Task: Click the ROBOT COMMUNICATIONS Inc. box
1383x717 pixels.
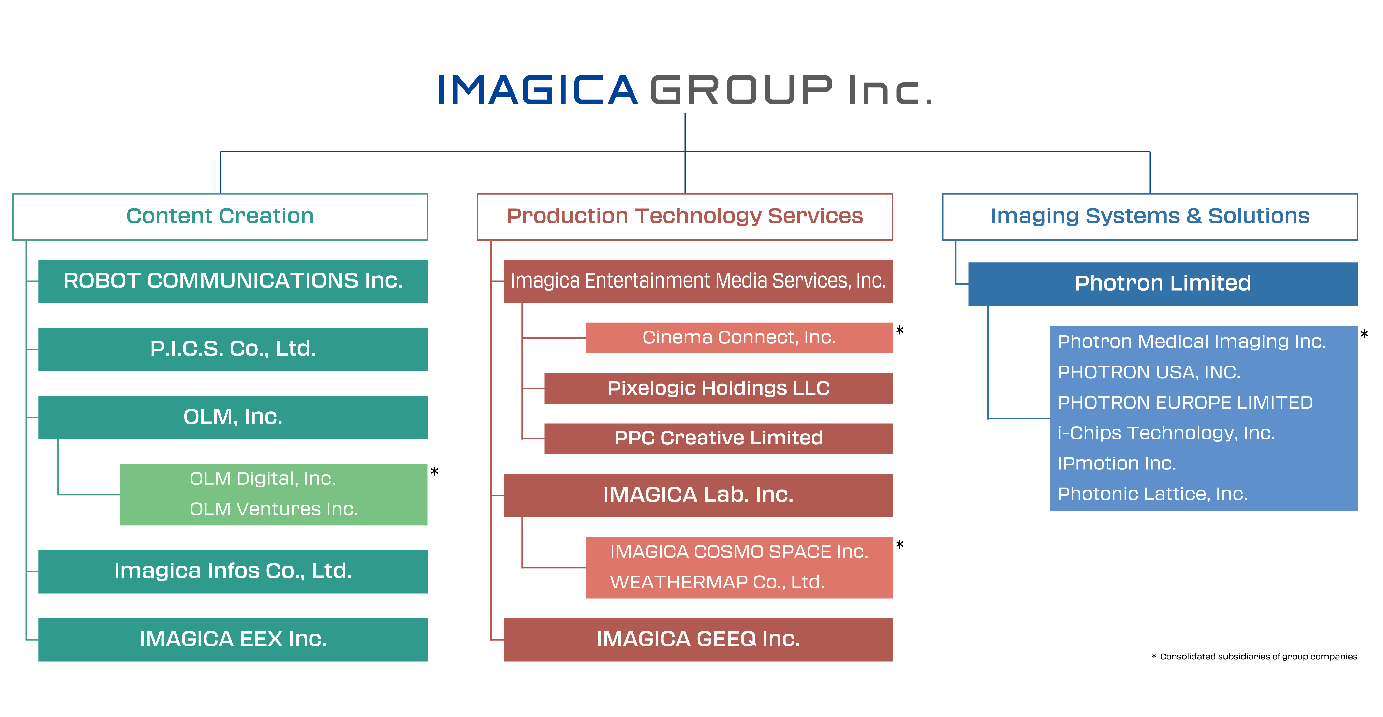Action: tap(233, 281)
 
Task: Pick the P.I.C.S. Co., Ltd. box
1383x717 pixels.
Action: tap(233, 349)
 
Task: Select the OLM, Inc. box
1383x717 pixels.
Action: tap(233, 418)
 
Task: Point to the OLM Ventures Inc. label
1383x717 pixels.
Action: tap(274, 509)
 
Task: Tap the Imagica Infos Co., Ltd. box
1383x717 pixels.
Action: tap(233, 571)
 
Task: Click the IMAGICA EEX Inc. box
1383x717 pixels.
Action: tap(233, 640)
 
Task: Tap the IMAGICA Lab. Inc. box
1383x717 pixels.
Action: tap(698, 495)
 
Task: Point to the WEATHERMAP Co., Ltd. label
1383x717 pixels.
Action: tap(717, 582)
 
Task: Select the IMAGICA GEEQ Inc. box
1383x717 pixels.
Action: tap(698, 640)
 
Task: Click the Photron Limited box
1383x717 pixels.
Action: tap(1163, 284)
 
